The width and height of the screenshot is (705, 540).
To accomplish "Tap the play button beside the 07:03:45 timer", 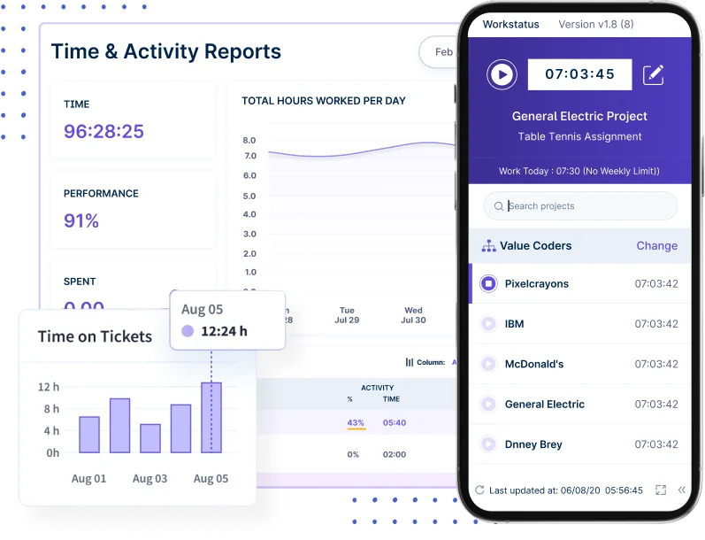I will (502, 74).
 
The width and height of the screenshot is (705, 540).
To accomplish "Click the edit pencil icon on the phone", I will (654, 74).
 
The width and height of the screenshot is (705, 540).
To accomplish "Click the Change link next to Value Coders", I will (656, 246).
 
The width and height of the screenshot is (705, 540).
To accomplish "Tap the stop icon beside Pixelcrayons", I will (487, 283).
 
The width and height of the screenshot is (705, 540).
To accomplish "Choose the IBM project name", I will (514, 324).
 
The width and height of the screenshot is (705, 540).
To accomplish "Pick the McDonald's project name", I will (533, 364).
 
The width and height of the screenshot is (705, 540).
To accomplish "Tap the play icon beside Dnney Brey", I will (487, 444).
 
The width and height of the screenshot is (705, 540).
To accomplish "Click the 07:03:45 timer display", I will (579, 74).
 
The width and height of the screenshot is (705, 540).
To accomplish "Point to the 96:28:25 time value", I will (103, 132).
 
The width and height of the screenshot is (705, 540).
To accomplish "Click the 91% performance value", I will (81, 220).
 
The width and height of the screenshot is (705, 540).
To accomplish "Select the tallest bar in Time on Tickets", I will (211, 417).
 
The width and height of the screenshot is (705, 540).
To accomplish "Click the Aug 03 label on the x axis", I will (149, 479).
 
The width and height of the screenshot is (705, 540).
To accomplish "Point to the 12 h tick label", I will (49, 387).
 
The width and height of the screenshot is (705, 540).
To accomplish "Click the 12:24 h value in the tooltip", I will (224, 332).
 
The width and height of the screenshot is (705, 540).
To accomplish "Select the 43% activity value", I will (356, 423).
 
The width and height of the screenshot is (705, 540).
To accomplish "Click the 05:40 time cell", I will (395, 423).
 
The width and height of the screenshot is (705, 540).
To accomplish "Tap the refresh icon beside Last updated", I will (479, 490).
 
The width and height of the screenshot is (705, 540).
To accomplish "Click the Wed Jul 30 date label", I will (413, 315).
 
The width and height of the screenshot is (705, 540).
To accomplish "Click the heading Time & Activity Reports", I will (166, 51).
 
